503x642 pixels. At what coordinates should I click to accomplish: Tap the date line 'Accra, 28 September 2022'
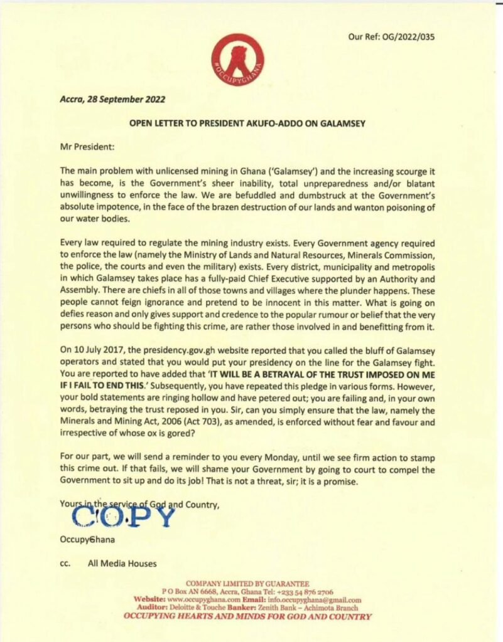109,99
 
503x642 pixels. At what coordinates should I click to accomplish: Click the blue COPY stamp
122,516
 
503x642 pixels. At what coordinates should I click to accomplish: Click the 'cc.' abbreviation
65,564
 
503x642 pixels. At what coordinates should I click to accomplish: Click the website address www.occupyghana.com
198,600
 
